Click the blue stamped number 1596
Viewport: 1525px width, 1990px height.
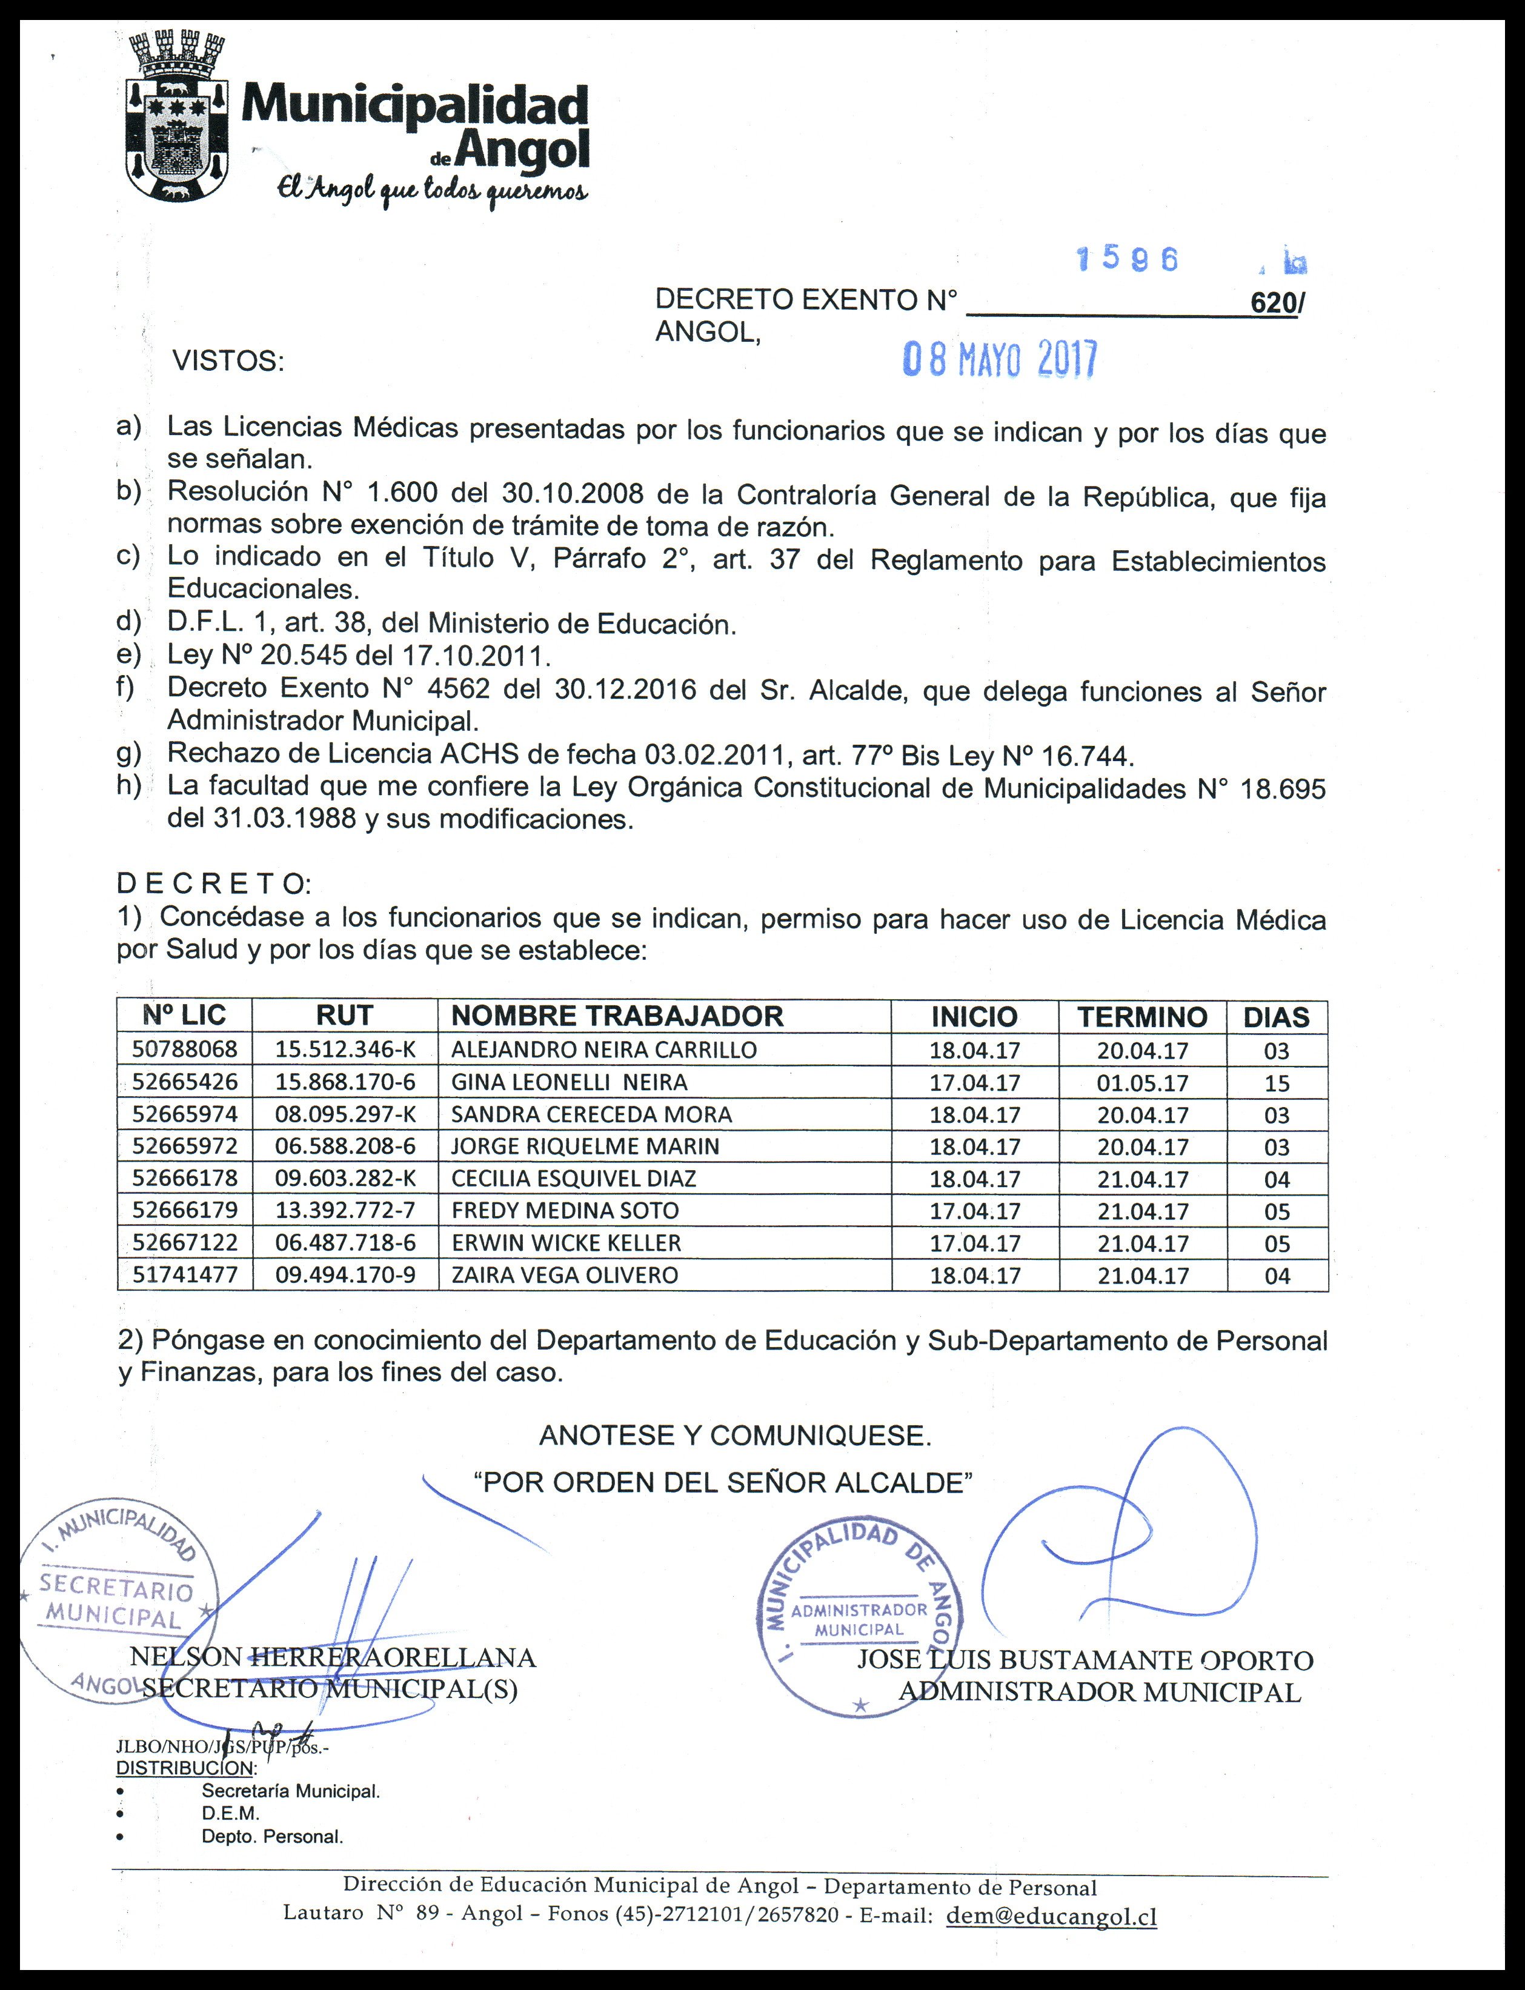(x=1128, y=261)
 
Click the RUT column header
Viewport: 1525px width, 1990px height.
(x=344, y=1016)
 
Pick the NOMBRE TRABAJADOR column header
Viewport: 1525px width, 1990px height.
(x=617, y=1016)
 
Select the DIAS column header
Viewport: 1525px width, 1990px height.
(x=1276, y=1017)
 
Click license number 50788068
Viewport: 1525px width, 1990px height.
(x=184, y=1050)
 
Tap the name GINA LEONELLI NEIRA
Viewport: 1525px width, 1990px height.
(x=569, y=1082)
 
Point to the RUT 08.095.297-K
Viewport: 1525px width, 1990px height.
(x=345, y=1114)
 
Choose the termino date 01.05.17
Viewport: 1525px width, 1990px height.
(x=1142, y=1083)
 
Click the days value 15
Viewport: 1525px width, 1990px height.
(x=1276, y=1083)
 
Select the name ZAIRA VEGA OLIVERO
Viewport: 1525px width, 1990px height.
(x=565, y=1274)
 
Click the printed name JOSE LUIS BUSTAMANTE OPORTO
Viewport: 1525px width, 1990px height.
(x=1085, y=1660)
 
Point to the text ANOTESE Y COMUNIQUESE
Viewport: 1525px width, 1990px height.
(x=736, y=1436)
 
